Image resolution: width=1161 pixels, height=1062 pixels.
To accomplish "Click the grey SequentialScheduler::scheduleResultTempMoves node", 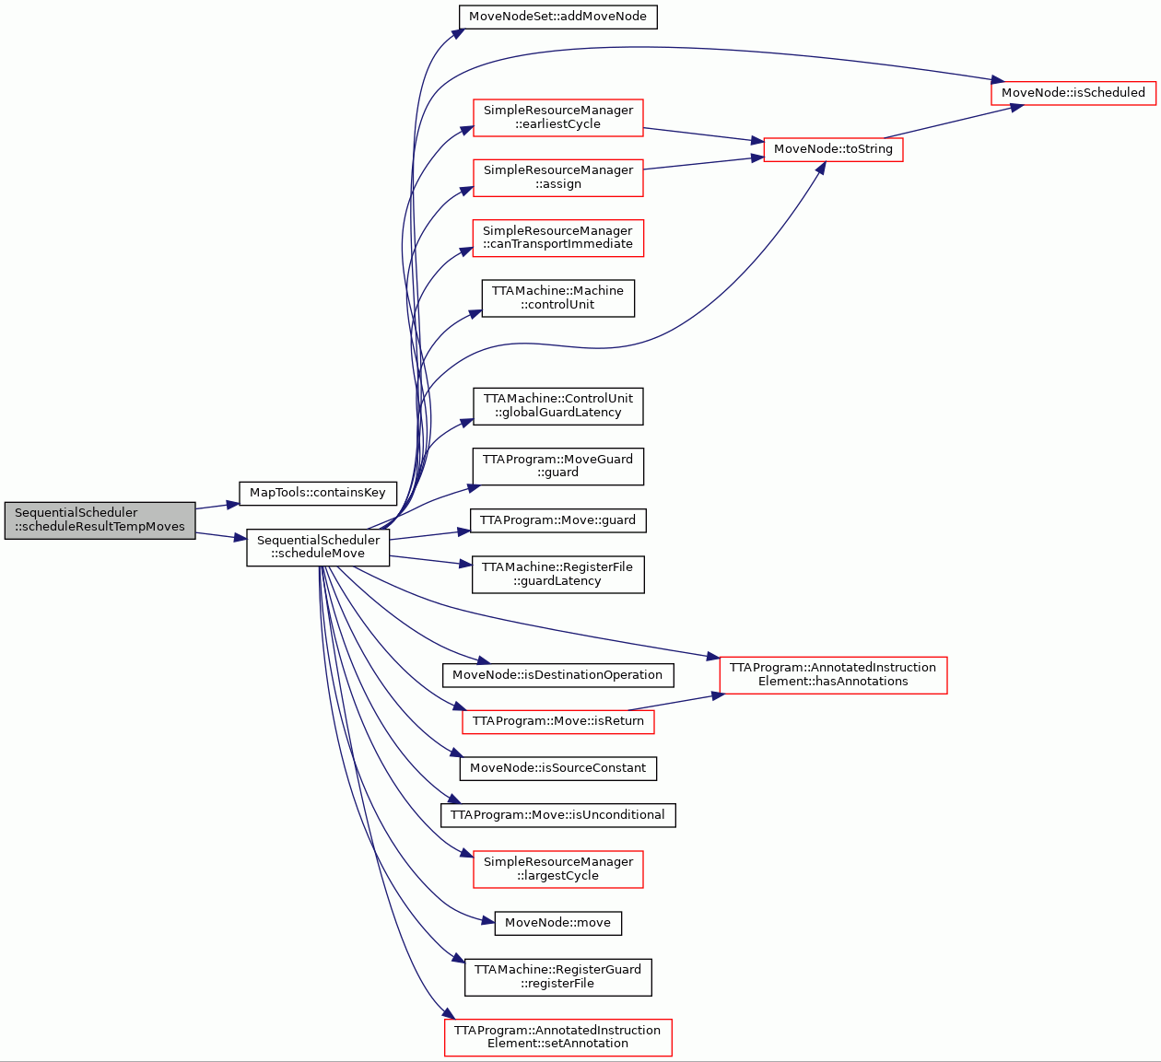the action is pyautogui.click(x=100, y=520).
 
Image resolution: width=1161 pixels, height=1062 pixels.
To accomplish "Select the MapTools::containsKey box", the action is pyautogui.click(x=318, y=493).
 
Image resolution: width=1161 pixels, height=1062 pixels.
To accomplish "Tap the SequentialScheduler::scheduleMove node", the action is pyautogui.click(x=318, y=547).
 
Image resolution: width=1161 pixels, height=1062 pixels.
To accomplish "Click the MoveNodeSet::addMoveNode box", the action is pyautogui.click(x=558, y=17).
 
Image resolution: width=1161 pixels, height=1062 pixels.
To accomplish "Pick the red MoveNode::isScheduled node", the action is pyautogui.click(x=1073, y=93).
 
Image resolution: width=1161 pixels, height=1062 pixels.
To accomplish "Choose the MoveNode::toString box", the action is pyautogui.click(x=833, y=149).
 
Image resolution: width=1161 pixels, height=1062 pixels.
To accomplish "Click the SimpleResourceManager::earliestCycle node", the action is pyautogui.click(x=558, y=118).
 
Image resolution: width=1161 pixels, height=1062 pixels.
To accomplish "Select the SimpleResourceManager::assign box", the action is pyautogui.click(x=558, y=178).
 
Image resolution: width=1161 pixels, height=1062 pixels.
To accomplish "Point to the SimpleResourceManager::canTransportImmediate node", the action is pyautogui.click(x=558, y=238).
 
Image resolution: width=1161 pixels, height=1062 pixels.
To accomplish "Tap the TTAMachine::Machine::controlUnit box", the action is pyautogui.click(x=558, y=298).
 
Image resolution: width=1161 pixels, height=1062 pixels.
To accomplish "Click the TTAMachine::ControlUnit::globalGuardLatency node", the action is pyautogui.click(x=558, y=405).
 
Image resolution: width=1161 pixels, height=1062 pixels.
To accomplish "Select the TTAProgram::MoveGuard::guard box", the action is pyautogui.click(x=558, y=466).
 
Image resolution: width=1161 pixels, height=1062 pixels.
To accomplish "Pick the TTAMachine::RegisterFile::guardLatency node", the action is pyautogui.click(x=558, y=574).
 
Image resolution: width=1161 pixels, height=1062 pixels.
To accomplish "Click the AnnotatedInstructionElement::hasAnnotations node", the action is pyautogui.click(x=833, y=675).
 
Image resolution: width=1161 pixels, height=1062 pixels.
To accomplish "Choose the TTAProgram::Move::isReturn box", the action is pyautogui.click(x=558, y=722).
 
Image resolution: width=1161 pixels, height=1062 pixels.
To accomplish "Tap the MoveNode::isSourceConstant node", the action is pyautogui.click(x=558, y=768).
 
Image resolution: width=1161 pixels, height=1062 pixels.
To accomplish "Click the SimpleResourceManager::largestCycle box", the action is pyautogui.click(x=558, y=869).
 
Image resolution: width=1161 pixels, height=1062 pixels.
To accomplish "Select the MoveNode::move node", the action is pyautogui.click(x=558, y=923).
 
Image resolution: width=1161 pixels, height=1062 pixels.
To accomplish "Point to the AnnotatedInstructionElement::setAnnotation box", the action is pyautogui.click(x=558, y=1037).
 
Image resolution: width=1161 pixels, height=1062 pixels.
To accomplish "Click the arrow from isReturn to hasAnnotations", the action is pyautogui.click(x=676, y=702).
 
